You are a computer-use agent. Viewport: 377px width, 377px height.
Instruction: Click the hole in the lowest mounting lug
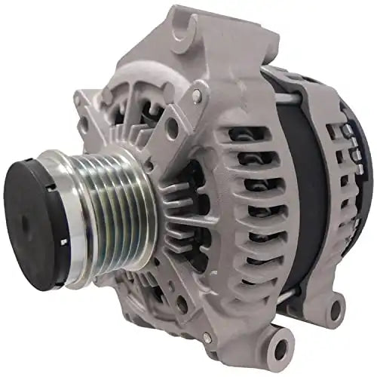281,348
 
